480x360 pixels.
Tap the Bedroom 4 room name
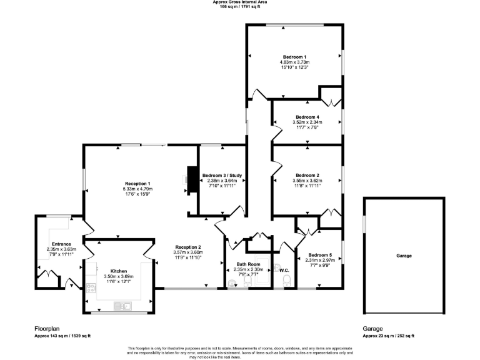coord(307,117)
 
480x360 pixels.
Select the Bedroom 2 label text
coord(307,175)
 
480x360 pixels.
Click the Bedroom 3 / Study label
coord(223,175)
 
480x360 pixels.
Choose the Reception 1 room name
coord(137,183)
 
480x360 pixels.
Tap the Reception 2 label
coord(187,247)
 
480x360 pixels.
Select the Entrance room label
coord(61,244)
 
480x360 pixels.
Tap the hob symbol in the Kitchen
coord(90,288)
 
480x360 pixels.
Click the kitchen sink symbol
coord(121,305)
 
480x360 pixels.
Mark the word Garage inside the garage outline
coord(404,256)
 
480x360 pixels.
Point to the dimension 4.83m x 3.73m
coord(295,62)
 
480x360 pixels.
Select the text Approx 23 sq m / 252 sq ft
coord(388,336)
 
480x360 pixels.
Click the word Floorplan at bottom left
coord(47,328)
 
